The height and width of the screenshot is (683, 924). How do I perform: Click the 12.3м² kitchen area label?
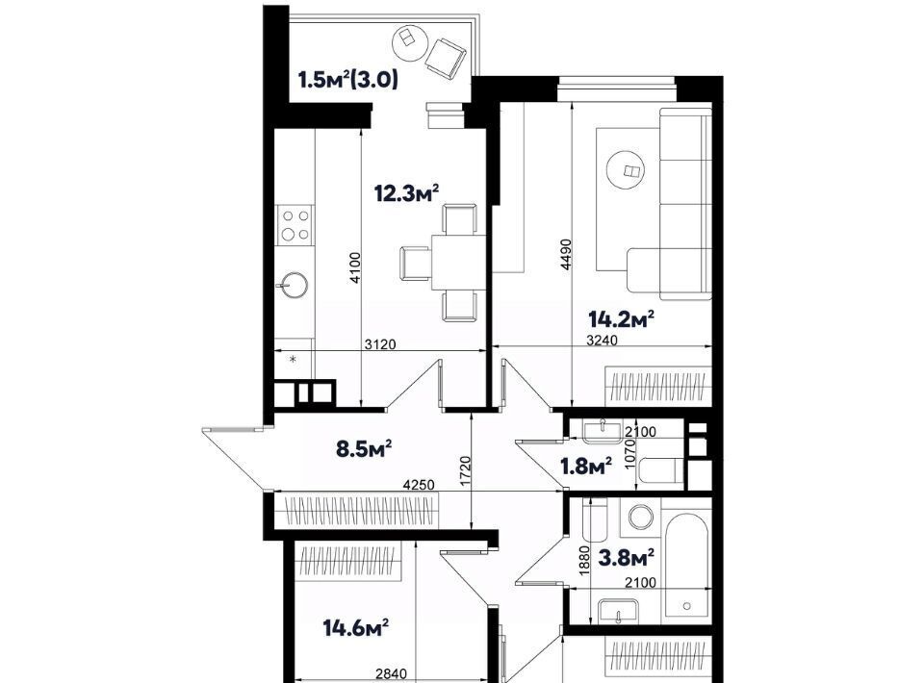click(x=407, y=192)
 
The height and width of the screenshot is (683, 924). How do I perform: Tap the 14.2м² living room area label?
click(x=622, y=319)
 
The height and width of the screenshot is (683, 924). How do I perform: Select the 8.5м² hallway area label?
click(x=364, y=448)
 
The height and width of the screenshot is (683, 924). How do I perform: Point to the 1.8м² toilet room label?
click(x=585, y=467)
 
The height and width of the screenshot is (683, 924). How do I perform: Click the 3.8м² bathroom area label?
click(x=626, y=556)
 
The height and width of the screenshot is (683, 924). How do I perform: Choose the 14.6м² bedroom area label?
click(x=356, y=627)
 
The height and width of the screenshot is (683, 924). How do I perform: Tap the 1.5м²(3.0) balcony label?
click(x=347, y=79)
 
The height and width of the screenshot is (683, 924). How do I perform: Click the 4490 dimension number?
click(x=566, y=254)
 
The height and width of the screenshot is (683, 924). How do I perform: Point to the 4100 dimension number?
click(x=355, y=267)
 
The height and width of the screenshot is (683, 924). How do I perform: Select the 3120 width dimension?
click(x=380, y=344)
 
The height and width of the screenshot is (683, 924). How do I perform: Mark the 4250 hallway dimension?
click(x=419, y=485)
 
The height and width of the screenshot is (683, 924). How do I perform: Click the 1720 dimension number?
click(x=466, y=471)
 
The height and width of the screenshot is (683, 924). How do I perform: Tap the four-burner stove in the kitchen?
click(x=295, y=224)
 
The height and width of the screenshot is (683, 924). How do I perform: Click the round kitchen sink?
click(x=293, y=286)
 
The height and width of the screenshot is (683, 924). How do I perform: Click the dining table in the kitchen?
click(x=459, y=262)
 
